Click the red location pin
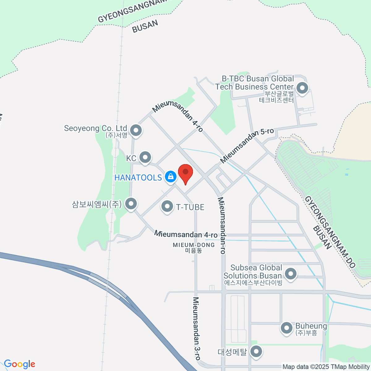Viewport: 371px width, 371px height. coord(185,173)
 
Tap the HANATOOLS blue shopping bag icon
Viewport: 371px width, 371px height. coord(170,177)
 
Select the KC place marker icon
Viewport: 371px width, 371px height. coord(145,158)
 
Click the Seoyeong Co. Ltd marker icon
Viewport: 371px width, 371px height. coord(136,130)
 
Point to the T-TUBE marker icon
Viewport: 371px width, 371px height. coord(167,206)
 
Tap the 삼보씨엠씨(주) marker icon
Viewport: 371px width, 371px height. coord(131,204)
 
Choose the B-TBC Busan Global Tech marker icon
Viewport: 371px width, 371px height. coord(302,88)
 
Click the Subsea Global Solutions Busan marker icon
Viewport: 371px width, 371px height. coord(290,274)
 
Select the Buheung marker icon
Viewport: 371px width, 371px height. coord(286,328)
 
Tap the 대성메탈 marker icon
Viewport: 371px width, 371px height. coord(256,352)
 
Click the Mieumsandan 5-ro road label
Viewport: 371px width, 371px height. coord(247,146)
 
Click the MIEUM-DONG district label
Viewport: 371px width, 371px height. coord(194,247)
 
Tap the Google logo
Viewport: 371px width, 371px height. coord(19,364)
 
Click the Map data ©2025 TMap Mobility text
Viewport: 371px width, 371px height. coord(326,367)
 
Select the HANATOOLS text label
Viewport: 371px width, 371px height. coord(138,177)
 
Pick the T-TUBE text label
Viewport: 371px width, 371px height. coord(190,207)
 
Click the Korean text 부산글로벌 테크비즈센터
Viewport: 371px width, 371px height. coord(276,96)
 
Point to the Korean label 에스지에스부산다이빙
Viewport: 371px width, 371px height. coord(253,283)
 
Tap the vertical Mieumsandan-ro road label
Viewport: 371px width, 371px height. coord(222,226)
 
